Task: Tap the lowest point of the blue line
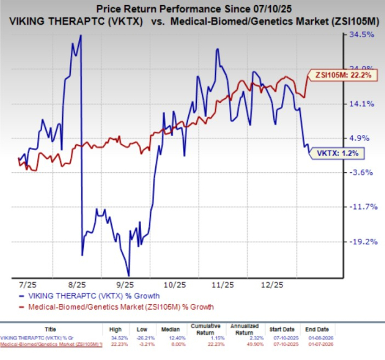(129, 275)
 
